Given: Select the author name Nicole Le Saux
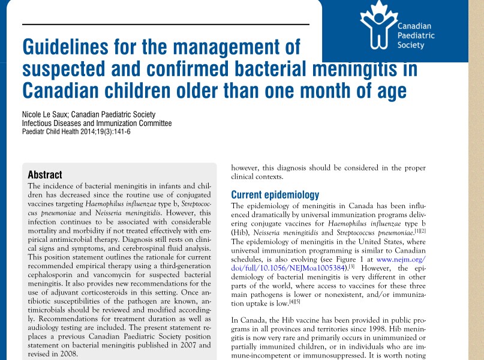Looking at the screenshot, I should point(48,115).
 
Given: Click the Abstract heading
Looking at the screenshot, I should point(45,175).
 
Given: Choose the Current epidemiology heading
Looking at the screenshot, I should point(275,195).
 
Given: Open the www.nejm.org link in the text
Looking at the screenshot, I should point(401,259).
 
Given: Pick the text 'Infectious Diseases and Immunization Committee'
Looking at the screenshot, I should point(97,124).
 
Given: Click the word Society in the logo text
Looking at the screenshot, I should point(411,46).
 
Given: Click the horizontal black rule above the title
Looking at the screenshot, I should point(166,25).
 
